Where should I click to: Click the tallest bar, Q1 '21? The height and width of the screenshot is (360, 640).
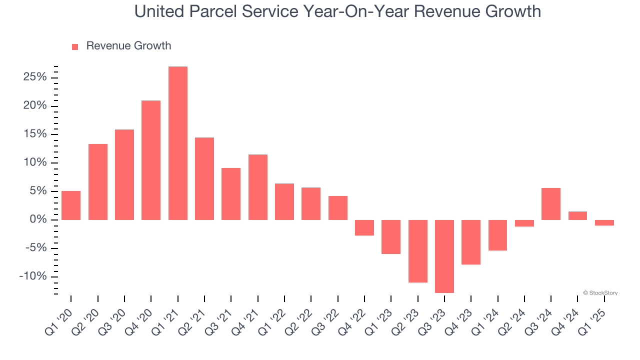(177, 143)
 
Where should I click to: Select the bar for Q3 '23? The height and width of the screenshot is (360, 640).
(444, 256)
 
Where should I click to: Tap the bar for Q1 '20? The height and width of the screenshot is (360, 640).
(71, 205)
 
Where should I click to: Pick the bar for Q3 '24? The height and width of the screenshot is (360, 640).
(550, 204)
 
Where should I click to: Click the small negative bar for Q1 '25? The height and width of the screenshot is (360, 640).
(604, 222)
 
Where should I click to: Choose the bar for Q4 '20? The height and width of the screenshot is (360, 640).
(151, 160)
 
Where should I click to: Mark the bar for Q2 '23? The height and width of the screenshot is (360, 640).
(417, 251)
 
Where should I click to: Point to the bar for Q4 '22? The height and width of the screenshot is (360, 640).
(364, 227)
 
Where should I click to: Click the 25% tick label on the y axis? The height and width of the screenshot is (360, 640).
(34, 77)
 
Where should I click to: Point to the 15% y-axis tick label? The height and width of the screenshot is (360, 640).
(34, 134)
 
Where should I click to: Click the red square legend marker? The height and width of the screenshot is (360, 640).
(75, 47)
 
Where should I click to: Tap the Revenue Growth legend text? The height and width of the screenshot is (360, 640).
(128, 46)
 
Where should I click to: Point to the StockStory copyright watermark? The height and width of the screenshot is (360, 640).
(600, 293)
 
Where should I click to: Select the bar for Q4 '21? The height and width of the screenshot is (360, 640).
(257, 187)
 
